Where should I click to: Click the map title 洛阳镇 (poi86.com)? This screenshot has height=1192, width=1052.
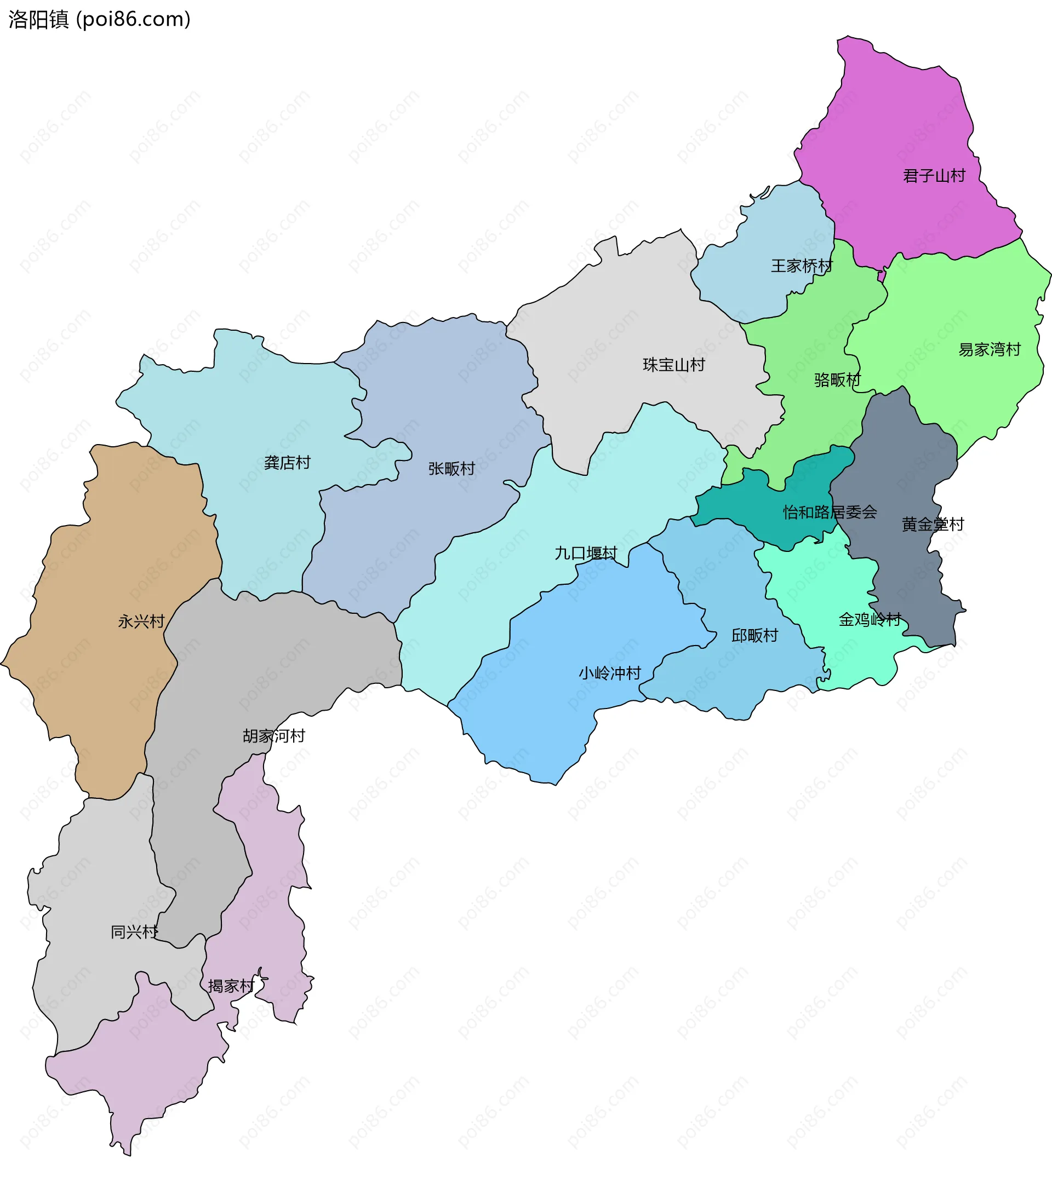coord(99,20)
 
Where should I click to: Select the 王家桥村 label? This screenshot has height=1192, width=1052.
coord(802,266)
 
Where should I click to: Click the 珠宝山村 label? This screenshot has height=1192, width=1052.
coord(674,365)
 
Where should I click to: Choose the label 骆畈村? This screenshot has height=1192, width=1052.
coord(837,379)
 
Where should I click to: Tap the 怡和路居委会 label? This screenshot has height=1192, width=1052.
coord(830,512)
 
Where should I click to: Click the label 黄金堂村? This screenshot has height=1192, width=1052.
coord(933,523)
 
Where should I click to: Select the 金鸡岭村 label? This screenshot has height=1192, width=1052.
coord(870,619)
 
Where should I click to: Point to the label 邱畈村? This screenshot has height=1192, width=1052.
coord(754,635)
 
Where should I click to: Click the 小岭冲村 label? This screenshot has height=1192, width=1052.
coord(610,673)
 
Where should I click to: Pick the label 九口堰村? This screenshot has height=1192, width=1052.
coord(585,553)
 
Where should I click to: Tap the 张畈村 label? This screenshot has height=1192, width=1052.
coord(451,468)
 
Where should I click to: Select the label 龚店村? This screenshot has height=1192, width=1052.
coord(287,463)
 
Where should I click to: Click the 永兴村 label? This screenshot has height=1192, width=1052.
coord(141,621)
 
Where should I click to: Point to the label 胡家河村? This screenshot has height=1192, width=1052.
coord(273,735)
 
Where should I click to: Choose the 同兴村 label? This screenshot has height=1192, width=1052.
coord(134,932)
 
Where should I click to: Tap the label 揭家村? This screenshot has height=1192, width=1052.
coord(231,986)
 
